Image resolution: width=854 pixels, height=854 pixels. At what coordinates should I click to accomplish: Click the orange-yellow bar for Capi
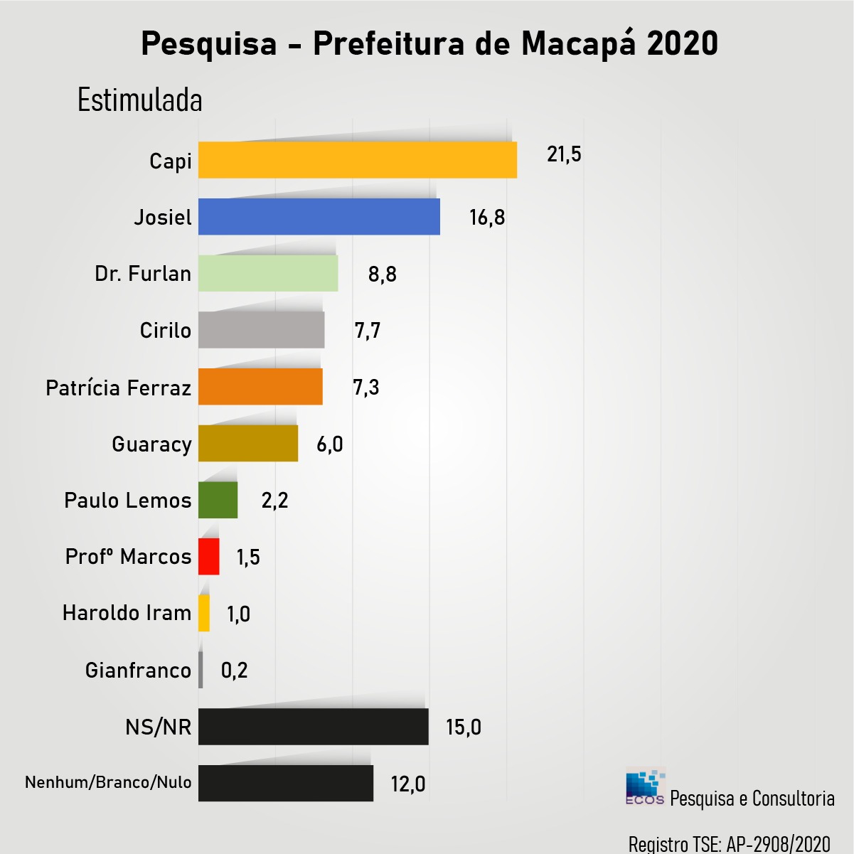click(357, 160)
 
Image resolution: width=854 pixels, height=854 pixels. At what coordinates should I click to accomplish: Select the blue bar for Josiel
click(319, 217)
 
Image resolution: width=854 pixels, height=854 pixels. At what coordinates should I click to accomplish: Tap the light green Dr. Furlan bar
click(268, 273)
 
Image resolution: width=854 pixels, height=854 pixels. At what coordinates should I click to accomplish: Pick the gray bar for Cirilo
click(261, 330)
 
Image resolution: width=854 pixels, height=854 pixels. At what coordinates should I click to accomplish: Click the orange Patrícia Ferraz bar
click(260, 387)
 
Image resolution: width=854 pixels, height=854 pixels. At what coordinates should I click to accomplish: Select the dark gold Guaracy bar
click(247, 444)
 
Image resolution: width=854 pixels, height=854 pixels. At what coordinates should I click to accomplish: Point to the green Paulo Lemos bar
click(218, 500)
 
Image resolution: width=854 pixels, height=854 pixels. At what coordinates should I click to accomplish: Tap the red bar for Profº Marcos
click(208, 557)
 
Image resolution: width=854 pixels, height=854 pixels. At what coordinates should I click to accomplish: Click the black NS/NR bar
click(313, 727)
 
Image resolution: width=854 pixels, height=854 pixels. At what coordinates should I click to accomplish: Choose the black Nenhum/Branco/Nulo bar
click(285, 783)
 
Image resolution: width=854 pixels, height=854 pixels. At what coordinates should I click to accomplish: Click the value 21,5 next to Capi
click(564, 154)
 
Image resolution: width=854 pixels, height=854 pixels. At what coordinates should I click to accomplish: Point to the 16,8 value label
click(487, 218)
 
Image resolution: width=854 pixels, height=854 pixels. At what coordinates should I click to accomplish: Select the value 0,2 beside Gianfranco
click(234, 671)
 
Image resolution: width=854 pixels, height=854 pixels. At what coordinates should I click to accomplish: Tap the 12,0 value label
click(408, 784)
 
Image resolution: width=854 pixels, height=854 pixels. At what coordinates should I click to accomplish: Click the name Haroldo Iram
click(127, 613)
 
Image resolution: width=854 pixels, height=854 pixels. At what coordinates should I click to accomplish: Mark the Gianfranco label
click(138, 671)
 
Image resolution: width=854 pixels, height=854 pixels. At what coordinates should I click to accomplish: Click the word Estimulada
click(140, 100)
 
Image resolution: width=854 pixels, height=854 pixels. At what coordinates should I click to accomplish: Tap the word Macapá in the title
click(579, 44)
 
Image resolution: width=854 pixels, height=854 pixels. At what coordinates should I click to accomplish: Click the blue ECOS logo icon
click(645, 787)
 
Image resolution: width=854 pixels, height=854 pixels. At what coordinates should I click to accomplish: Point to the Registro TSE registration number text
click(729, 844)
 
